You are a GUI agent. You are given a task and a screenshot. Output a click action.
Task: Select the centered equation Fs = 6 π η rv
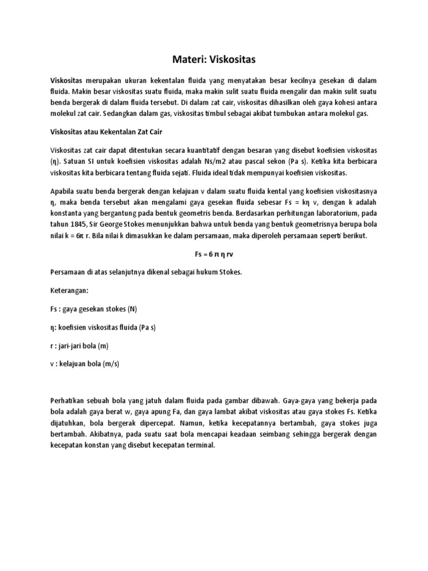pyautogui.click(x=213, y=254)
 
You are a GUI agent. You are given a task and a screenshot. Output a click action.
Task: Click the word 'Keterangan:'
pyautogui.click(x=69, y=291)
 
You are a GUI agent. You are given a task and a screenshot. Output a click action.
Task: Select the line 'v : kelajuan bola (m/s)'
pyautogui.click(x=85, y=364)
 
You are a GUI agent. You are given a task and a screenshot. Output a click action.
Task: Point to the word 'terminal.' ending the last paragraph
pyautogui.click(x=199, y=447)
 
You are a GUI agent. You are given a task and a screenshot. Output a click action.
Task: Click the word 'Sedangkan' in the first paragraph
pyautogui.click(x=124, y=113)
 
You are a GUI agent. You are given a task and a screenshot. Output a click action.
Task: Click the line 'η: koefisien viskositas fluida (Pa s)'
pyautogui.click(x=103, y=327)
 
